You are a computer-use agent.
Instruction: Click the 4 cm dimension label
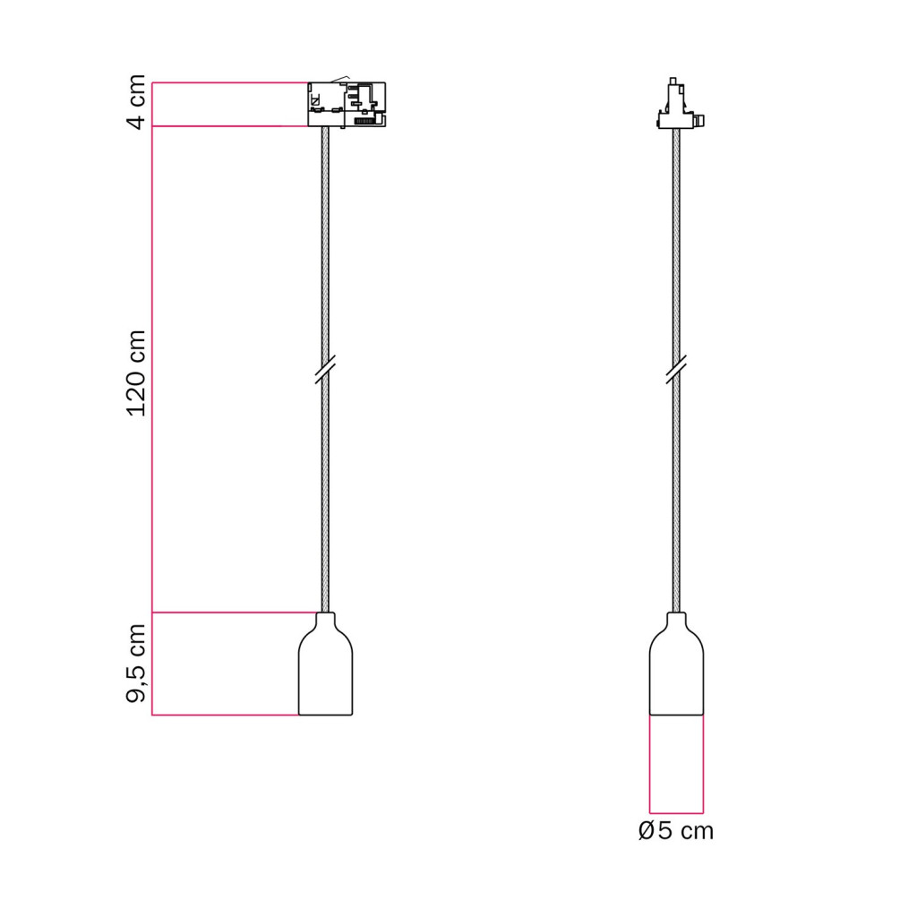click(x=136, y=102)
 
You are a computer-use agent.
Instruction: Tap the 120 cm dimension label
click(x=136, y=373)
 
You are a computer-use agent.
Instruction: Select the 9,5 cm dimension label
click(x=136, y=664)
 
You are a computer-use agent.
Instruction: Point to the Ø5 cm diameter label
click(x=676, y=830)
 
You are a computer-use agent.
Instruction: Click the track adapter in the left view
click(x=347, y=104)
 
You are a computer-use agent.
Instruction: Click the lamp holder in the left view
click(x=326, y=664)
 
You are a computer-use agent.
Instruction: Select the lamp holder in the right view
click(x=677, y=664)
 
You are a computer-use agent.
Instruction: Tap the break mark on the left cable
click(x=325, y=369)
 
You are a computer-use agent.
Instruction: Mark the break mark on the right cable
click(x=676, y=369)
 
